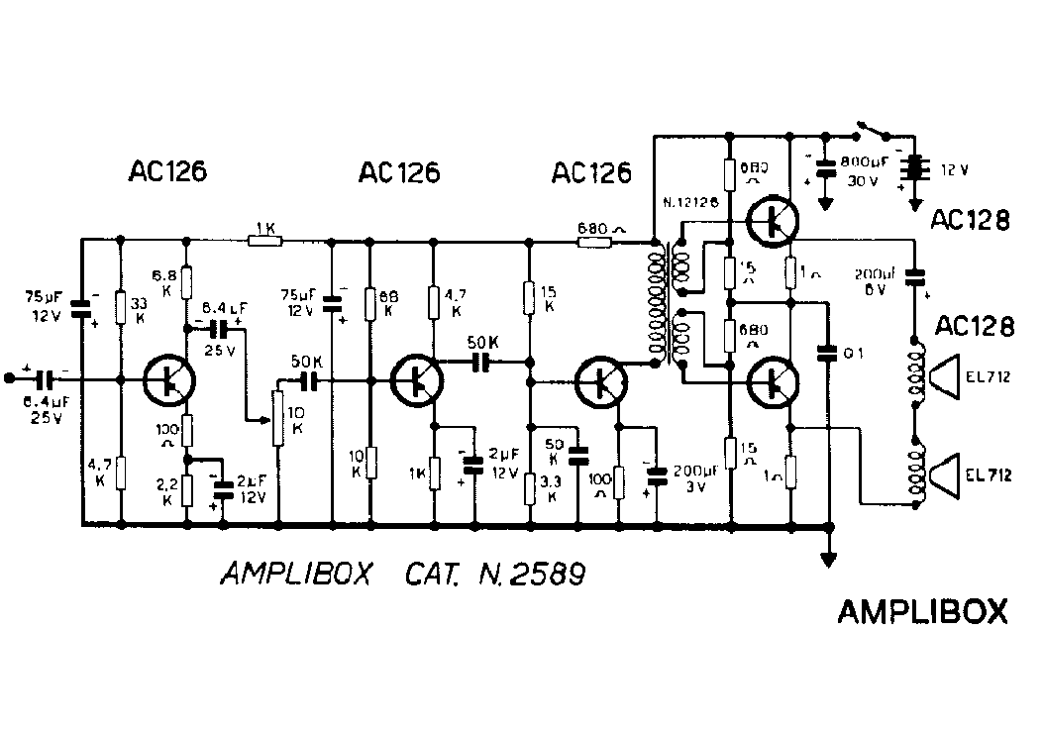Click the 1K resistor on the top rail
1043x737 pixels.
pyautogui.click(x=265, y=239)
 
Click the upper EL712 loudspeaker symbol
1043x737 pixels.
pyautogui.click(x=948, y=377)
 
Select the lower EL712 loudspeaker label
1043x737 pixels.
pyautogui.click(x=991, y=475)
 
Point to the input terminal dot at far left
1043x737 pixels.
pyautogui.click(x=10, y=378)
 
